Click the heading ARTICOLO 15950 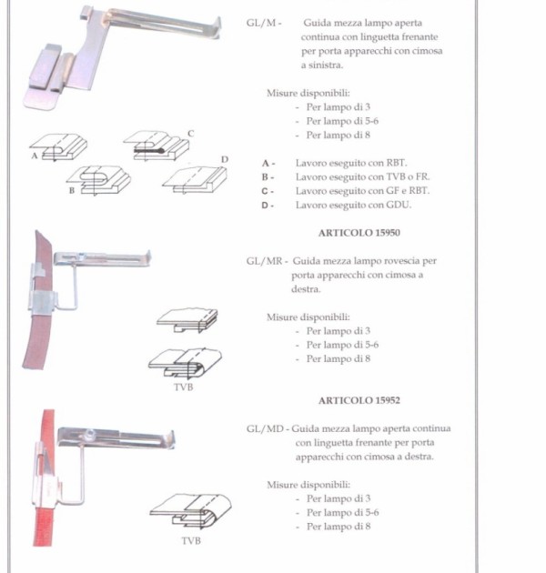(x=359, y=233)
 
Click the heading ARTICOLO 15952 (x=359, y=400)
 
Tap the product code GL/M (x=261, y=23)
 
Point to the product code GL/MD (x=265, y=428)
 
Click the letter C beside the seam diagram (x=190, y=134)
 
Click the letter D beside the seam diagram (x=225, y=159)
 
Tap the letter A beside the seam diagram (x=35, y=156)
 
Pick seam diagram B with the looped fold (x=98, y=180)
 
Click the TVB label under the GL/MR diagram (x=183, y=387)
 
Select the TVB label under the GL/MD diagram (x=191, y=540)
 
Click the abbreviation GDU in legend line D (x=399, y=205)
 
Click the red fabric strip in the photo (x=45, y=527)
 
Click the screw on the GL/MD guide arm (x=90, y=435)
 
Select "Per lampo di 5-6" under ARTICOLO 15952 (x=343, y=513)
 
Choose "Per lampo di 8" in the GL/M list (x=339, y=136)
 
